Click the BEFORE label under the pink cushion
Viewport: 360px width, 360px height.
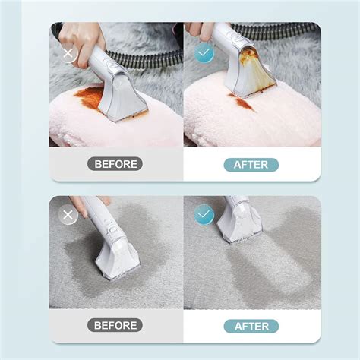pos(116,163)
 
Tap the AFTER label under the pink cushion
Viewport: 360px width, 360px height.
pos(251,164)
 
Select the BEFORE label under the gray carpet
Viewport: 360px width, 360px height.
pos(116,325)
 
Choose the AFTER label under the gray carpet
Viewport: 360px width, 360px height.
pos(251,325)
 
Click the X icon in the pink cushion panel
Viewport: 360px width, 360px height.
pos(69,55)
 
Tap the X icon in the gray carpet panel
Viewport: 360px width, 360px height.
pos(69,215)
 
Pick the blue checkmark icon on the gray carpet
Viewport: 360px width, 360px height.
pos(204,215)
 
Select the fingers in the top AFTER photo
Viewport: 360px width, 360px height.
pos(199,29)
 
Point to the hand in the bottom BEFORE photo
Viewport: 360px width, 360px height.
pos(85,203)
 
